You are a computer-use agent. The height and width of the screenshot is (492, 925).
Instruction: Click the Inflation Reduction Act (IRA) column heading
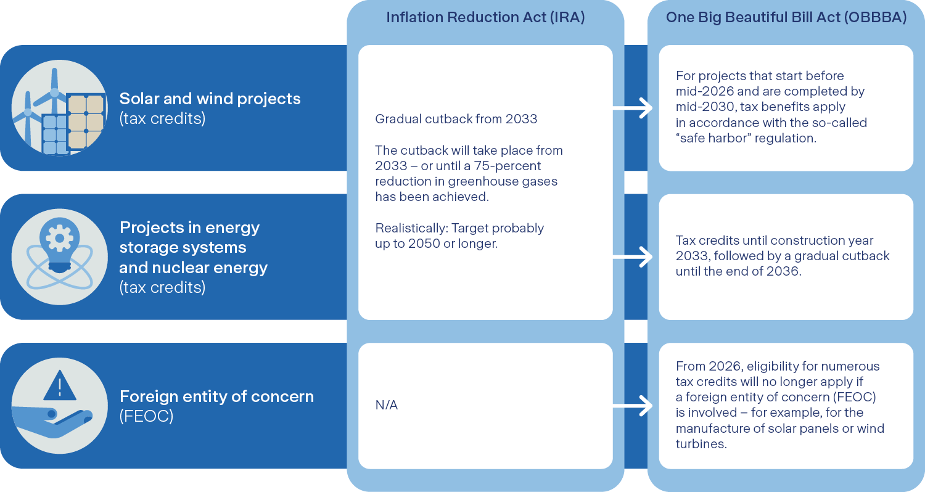485,17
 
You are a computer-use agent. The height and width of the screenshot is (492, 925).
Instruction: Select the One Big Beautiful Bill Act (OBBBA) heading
786,17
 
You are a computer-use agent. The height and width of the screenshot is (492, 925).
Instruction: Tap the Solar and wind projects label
210,99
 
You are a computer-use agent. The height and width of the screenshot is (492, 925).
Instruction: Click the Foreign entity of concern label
217,396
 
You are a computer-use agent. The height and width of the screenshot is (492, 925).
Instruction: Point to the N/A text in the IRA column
386,405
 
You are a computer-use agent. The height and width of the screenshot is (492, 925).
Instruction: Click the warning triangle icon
60,385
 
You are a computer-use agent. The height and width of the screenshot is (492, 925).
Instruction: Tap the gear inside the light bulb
59,238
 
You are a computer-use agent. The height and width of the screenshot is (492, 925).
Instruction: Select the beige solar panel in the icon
85,121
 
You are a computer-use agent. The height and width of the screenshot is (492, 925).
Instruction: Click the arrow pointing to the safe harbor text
632,108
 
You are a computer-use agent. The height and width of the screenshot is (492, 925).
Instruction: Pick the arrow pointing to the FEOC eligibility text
632,406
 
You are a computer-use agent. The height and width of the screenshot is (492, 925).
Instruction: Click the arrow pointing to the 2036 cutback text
632,256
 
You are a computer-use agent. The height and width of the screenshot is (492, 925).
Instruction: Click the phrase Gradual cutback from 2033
456,119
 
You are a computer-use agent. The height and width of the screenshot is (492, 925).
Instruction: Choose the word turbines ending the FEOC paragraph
701,444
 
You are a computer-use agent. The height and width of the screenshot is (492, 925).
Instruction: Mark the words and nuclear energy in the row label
193,268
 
